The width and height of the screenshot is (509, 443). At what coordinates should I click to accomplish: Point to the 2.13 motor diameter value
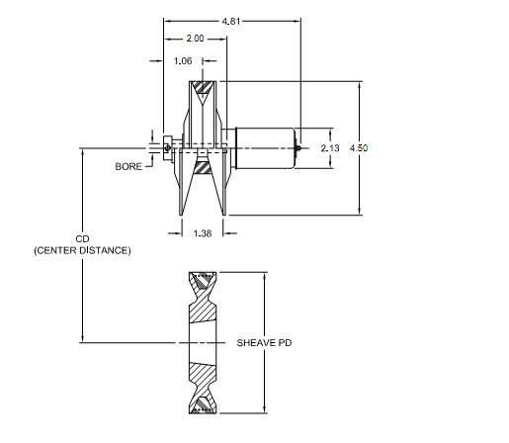pos(330,148)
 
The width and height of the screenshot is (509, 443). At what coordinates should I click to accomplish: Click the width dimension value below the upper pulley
pos(202,234)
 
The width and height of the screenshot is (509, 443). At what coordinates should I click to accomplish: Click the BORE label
pos(127,167)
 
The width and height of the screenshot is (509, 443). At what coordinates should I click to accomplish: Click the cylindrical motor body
pos(263,148)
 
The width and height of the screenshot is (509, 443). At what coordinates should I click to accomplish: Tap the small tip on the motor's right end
pos(299,148)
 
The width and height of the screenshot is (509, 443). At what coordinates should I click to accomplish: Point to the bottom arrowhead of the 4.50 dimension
pos(360,210)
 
